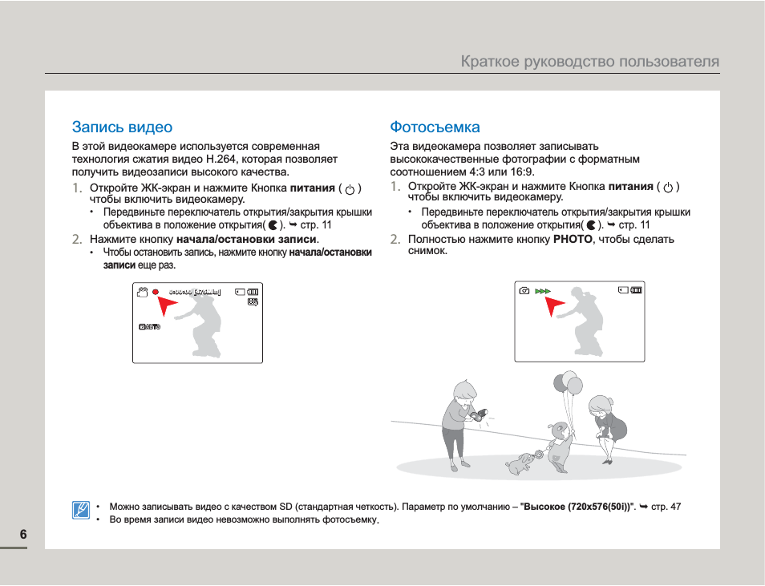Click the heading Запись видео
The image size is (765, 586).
pyautogui.click(x=122, y=127)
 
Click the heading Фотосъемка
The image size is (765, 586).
pyautogui.click(x=435, y=127)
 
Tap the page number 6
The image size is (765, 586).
pyautogui.click(x=23, y=535)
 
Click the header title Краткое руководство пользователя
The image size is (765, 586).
pyautogui.click(x=589, y=62)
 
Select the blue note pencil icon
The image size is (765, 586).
pyautogui.click(x=81, y=510)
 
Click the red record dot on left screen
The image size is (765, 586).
pyautogui.click(x=156, y=292)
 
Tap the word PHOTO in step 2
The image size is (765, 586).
pyautogui.click(x=573, y=239)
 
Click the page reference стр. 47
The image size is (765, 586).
pyautogui.click(x=666, y=507)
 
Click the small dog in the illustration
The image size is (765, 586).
pyautogui.click(x=521, y=463)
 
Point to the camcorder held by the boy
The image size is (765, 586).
pyautogui.click(x=480, y=414)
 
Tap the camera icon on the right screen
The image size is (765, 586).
pyautogui.click(x=524, y=290)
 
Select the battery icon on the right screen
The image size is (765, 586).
pyautogui.click(x=636, y=290)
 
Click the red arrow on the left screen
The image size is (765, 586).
pyautogui.click(x=168, y=305)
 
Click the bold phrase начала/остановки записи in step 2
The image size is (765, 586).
pyautogui.click(x=246, y=239)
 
